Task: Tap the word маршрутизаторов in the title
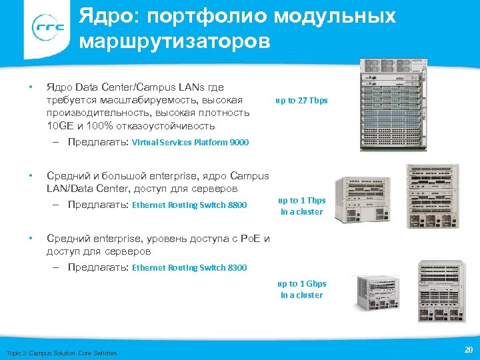pos(175,42)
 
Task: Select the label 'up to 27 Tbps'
pos(302,101)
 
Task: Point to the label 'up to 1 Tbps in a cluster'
pos(301,206)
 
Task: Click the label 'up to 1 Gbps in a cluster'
pos(301,289)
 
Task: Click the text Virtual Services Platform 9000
pos(190,142)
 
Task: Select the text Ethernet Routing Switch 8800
pos(190,205)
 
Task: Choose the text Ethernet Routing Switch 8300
pos(190,268)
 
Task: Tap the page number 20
pos(467,349)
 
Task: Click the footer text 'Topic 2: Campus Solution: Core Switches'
pos(61,353)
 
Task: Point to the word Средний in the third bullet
pos(70,239)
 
